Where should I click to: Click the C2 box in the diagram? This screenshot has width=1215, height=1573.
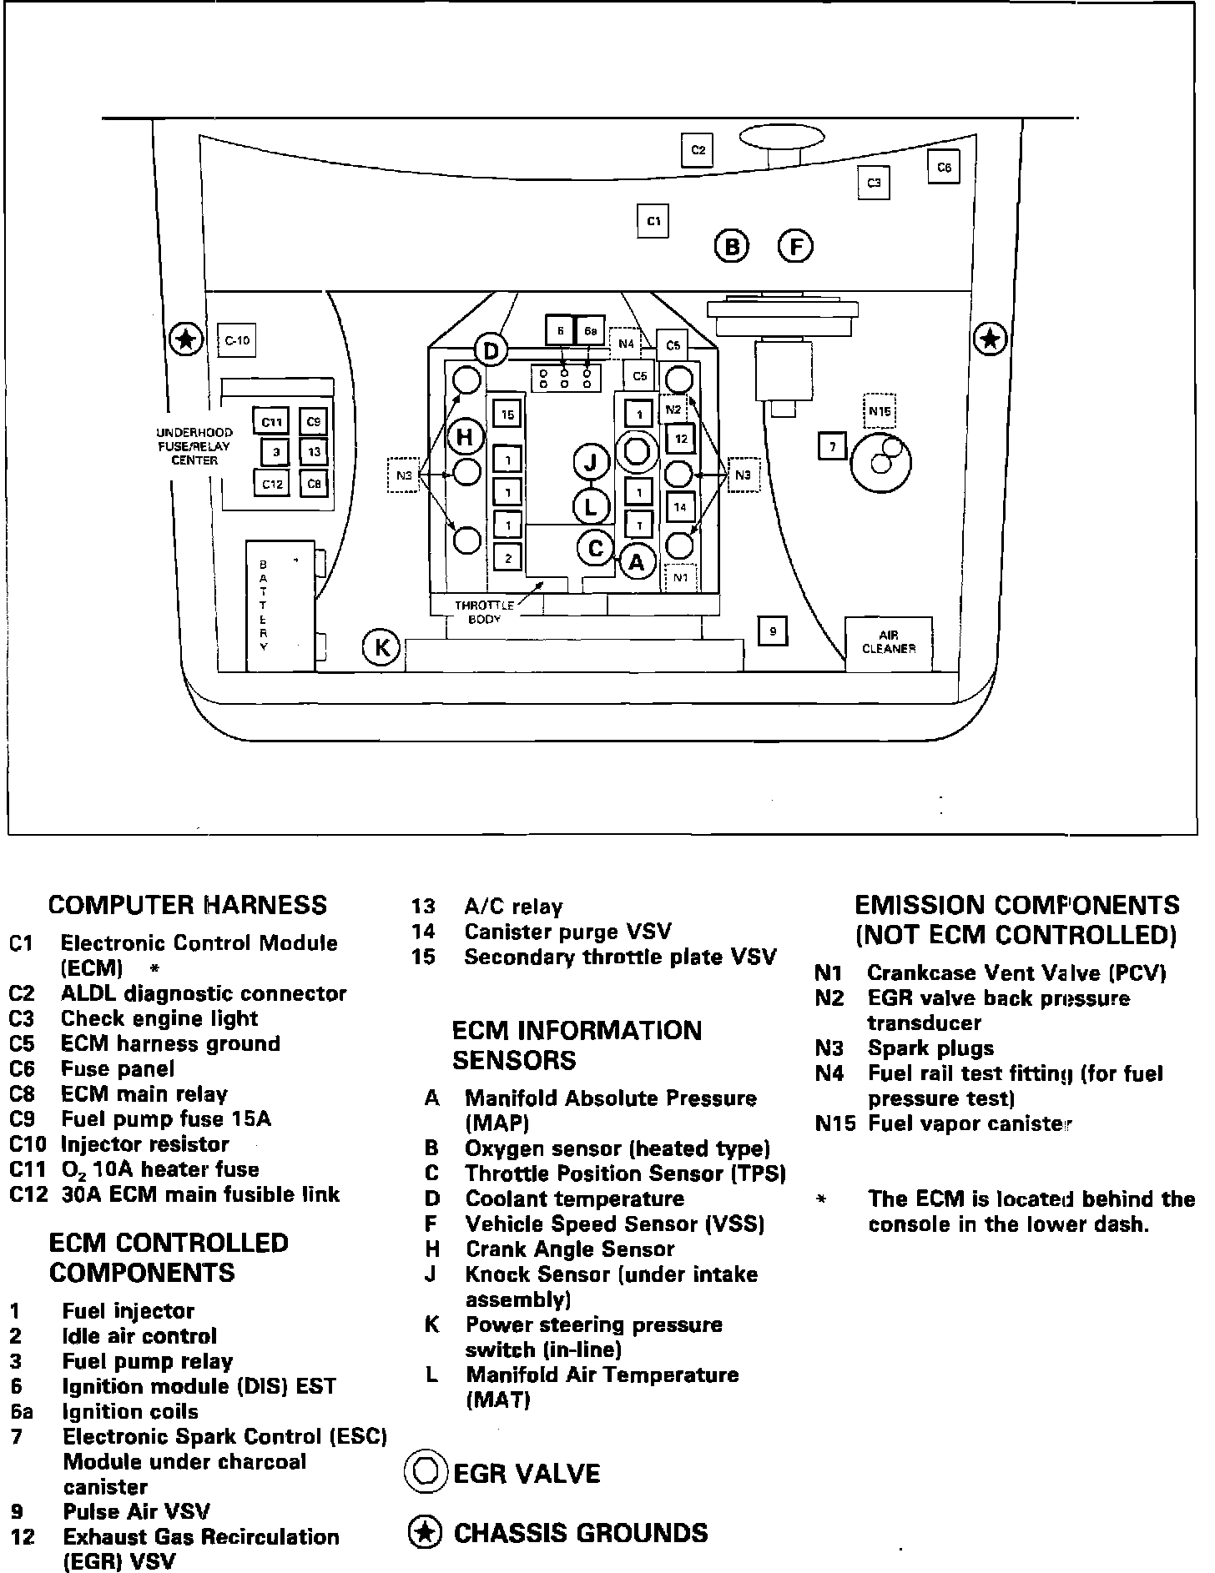pos(698,150)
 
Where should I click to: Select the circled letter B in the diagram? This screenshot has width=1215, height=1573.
pos(732,247)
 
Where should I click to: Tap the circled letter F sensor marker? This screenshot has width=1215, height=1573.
pos(795,247)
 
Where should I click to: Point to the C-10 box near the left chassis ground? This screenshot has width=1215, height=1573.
pos(237,340)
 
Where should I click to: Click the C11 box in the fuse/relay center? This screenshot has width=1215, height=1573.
pos(270,422)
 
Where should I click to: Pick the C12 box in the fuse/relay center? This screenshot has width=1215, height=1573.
pos(272,484)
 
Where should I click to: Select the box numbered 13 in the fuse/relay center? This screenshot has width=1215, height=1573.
pos(314,452)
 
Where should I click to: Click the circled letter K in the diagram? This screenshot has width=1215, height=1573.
pos(382,647)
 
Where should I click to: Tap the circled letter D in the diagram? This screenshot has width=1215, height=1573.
pos(491,351)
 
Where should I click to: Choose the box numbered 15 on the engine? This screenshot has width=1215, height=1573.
pos(507,414)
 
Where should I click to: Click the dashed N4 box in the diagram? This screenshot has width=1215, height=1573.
pos(626,343)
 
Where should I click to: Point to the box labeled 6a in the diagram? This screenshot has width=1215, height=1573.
pos(590,331)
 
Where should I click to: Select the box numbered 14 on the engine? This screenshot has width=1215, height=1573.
pos(680,506)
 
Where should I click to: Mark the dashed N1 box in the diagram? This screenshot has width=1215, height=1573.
pos(679,577)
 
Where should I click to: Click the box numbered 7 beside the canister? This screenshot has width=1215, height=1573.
pos(832,447)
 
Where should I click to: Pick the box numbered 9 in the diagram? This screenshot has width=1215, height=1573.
pos(773,631)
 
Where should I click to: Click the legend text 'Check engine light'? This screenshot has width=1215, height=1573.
pos(159,1018)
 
